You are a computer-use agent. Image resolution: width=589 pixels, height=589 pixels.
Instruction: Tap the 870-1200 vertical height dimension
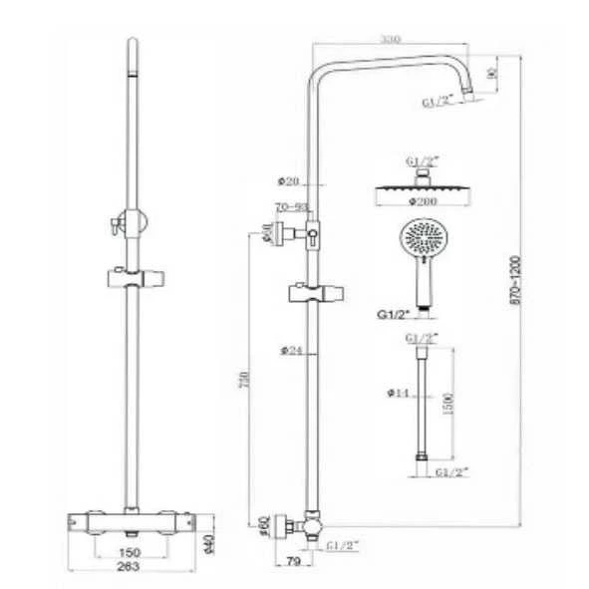[x=515, y=290]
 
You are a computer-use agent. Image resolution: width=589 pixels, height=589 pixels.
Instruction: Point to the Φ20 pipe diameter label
[x=289, y=180]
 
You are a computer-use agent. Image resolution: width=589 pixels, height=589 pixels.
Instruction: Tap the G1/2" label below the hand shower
[x=393, y=314]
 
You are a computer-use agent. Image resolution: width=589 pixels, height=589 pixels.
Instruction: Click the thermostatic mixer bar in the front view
[x=131, y=520]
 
